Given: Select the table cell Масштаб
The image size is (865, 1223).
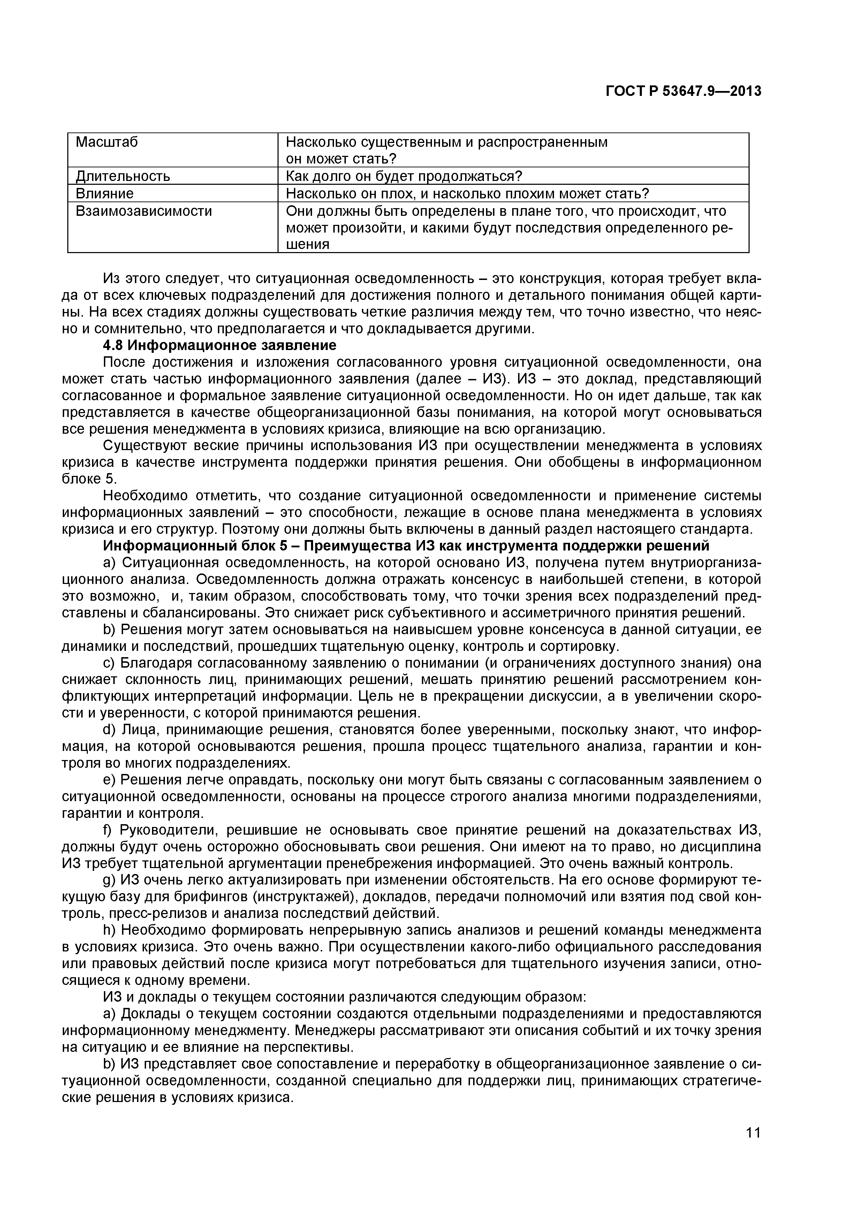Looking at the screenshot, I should pyautogui.click(x=107, y=142).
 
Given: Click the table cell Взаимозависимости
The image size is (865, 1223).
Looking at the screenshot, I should pyautogui.click(x=144, y=211).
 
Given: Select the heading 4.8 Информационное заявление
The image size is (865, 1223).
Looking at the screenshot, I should pyautogui.click(x=219, y=345).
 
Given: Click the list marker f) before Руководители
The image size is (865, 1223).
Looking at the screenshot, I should pyautogui.click(x=109, y=830).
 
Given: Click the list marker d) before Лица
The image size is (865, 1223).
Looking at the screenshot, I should pyautogui.click(x=109, y=729).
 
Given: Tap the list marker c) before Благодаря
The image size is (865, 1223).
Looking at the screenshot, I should pyautogui.click(x=109, y=663).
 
